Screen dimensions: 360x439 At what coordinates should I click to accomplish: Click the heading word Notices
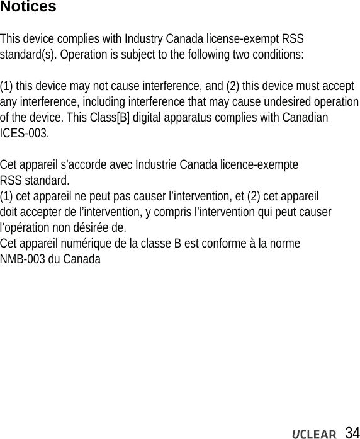point(28,8)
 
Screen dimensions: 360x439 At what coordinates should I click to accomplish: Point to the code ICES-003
point(23,134)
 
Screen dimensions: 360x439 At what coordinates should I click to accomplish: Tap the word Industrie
point(156,166)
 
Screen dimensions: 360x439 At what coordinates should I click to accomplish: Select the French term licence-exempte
point(257,166)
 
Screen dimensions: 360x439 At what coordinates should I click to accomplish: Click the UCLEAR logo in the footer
point(313,433)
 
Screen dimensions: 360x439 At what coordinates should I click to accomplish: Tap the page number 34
point(352,432)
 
